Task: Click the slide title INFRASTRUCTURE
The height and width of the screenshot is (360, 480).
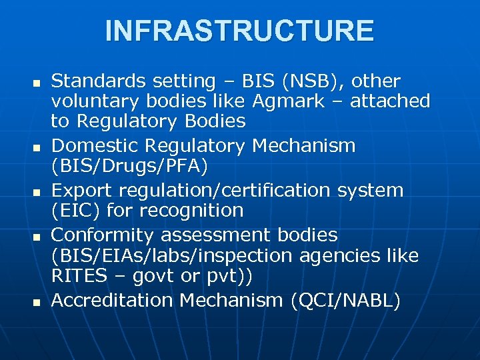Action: point(239,31)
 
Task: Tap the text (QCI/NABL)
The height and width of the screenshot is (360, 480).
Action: point(345,301)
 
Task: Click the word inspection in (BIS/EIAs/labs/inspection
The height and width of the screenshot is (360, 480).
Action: point(259,255)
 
